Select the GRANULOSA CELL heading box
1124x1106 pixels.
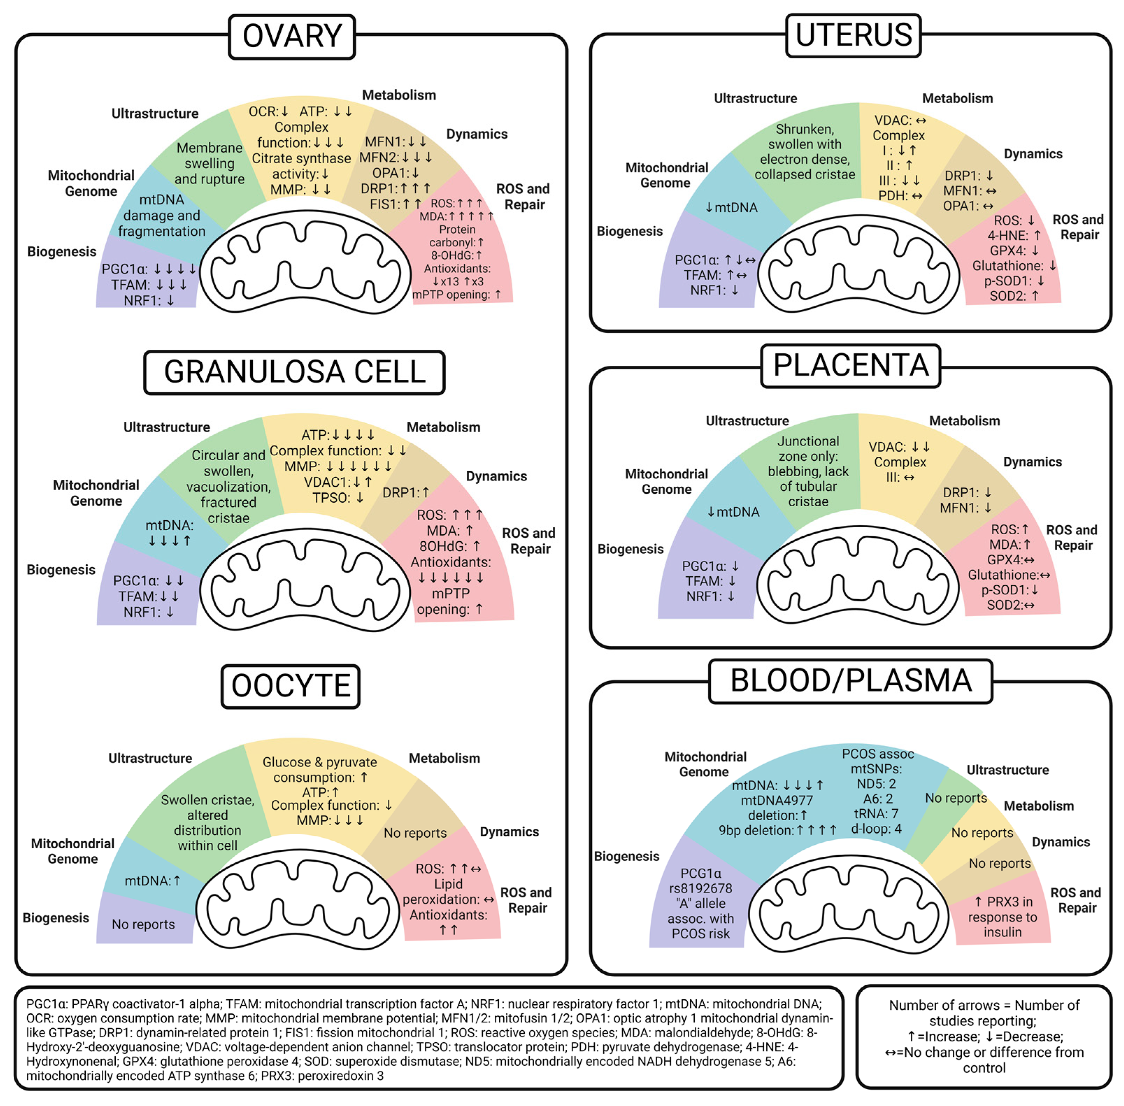(294, 372)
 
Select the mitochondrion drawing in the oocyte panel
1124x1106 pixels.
(298, 901)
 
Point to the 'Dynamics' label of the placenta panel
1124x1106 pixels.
(1032, 462)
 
